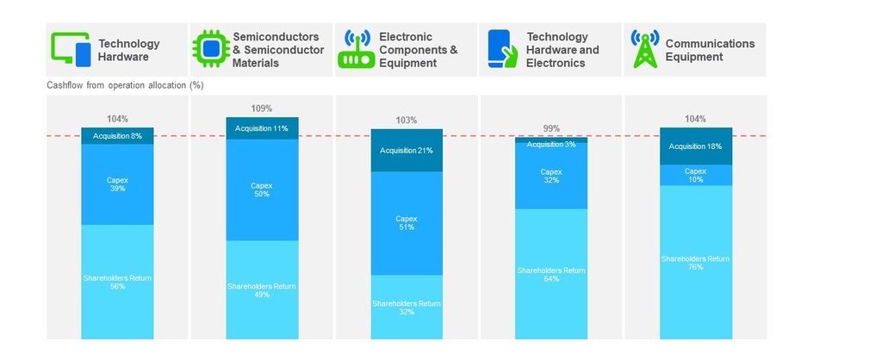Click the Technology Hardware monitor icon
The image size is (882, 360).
pos(71,49)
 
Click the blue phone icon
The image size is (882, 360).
pos(500,49)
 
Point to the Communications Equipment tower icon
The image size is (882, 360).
pos(644,49)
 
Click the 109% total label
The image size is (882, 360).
pos(262,109)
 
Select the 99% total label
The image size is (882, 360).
pos(551,128)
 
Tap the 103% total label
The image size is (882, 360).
pos(407,121)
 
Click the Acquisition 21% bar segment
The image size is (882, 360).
pos(407,151)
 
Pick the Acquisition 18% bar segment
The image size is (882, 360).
pos(696,146)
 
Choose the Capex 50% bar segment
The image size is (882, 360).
pos(262,190)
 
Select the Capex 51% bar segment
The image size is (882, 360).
pos(407,223)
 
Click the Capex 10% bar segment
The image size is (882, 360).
pos(696,176)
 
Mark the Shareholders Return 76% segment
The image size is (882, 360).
pos(696,262)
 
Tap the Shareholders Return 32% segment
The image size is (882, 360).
pos(407,307)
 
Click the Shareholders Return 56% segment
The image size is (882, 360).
pos(117,282)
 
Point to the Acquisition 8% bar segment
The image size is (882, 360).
pos(117,136)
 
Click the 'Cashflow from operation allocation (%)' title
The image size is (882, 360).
pos(125,85)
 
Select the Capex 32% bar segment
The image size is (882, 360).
pos(551,176)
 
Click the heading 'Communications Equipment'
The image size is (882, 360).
pos(710,50)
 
